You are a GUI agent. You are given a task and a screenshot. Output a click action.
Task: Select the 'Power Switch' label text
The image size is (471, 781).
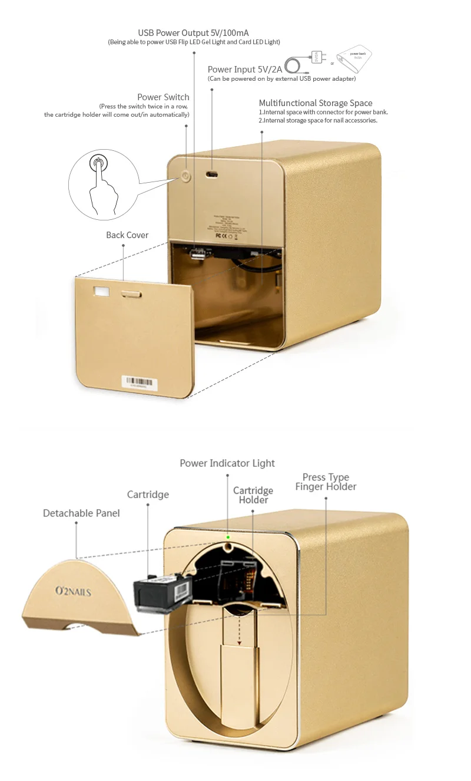click(x=163, y=97)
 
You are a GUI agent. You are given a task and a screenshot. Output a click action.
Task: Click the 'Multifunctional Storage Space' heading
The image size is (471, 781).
click(x=316, y=103)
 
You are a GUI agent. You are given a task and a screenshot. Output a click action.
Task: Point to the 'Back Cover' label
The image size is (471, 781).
click(x=127, y=235)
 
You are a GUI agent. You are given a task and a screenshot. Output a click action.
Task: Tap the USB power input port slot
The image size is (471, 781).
click(x=212, y=174)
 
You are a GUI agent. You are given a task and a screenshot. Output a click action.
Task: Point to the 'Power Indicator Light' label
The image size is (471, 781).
click(x=227, y=463)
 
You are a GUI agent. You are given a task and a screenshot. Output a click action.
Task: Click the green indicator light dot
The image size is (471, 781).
click(x=228, y=537)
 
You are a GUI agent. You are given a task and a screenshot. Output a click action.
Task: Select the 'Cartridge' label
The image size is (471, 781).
click(x=148, y=495)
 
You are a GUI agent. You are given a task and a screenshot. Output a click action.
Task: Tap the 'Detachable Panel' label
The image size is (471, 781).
click(x=81, y=513)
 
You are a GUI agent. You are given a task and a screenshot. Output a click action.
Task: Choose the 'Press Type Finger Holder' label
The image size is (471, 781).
click(x=326, y=482)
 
